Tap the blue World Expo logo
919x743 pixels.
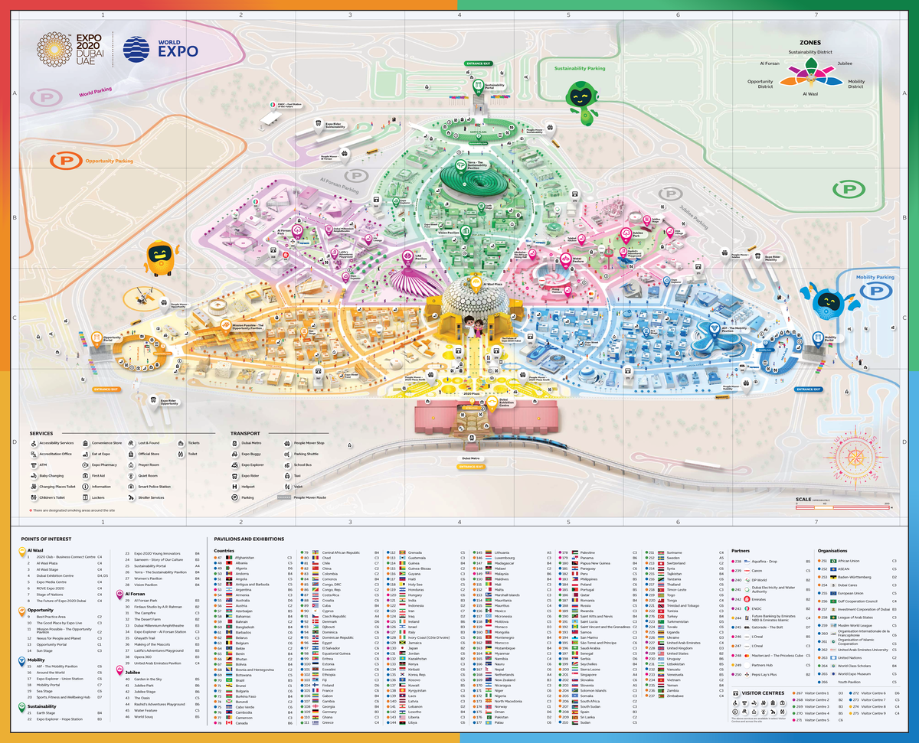(161, 48)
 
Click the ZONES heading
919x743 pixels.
(810, 44)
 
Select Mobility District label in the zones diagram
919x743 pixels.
(855, 84)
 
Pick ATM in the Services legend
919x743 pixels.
(44, 464)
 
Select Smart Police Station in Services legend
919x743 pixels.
(153, 487)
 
